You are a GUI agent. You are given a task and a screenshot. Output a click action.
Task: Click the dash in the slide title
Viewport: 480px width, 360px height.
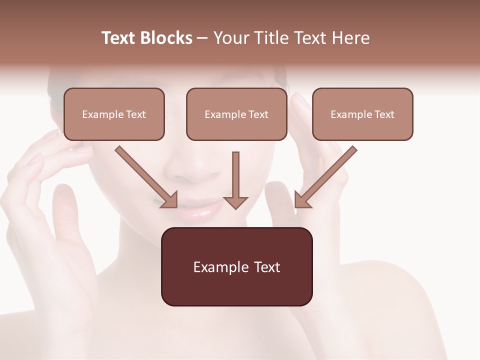pos(202,38)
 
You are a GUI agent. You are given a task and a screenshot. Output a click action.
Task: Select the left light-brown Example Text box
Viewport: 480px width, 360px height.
pos(114,114)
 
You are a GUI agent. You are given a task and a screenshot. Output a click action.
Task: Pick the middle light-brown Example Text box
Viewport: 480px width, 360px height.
pos(236,114)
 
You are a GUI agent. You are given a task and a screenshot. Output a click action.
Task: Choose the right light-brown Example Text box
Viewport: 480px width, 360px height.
pos(362,114)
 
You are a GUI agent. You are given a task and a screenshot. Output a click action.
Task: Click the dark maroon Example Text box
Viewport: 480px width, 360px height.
pos(236,267)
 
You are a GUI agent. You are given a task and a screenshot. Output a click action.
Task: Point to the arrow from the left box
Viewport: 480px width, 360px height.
pos(145,175)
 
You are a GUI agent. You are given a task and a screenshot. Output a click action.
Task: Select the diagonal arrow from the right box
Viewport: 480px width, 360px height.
pos(327,175)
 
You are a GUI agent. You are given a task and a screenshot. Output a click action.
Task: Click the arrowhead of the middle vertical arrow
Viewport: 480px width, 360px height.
pos(235,202)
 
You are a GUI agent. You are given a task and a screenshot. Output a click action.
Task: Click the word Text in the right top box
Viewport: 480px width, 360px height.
pos(384,114)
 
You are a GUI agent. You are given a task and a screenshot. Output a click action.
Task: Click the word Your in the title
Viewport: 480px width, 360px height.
pos(230,38)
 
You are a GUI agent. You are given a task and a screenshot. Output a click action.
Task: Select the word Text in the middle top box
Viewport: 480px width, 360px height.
pos(258,114)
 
